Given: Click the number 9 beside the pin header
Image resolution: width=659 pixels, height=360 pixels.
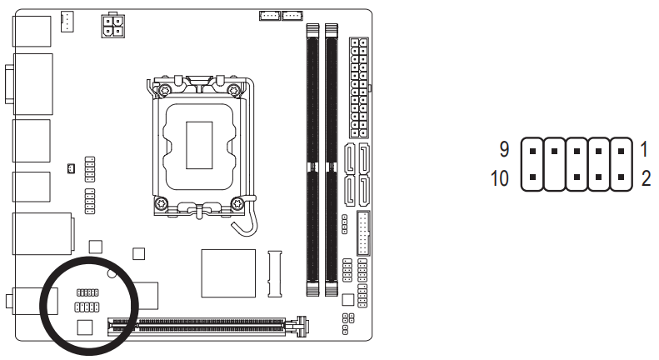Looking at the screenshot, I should (x=503, y=150).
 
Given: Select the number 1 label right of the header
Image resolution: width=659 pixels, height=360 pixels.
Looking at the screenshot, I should (x=644, y=150).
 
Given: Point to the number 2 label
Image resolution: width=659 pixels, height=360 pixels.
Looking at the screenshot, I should (x=645, y=178).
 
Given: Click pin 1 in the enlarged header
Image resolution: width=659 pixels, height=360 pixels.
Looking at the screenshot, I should (x=620, y=153).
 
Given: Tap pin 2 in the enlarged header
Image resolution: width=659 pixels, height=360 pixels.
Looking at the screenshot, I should (x=620, y=177).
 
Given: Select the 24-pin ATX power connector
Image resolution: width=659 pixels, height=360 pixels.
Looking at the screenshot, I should (x=359, y=87).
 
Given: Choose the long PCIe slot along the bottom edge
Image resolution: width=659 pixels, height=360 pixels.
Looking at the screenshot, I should (x=204, y=327).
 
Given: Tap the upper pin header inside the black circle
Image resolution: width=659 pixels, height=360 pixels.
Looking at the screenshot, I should (x=87, y=293).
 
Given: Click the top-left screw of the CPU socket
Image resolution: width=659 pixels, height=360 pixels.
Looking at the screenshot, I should (x=165, y=89).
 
